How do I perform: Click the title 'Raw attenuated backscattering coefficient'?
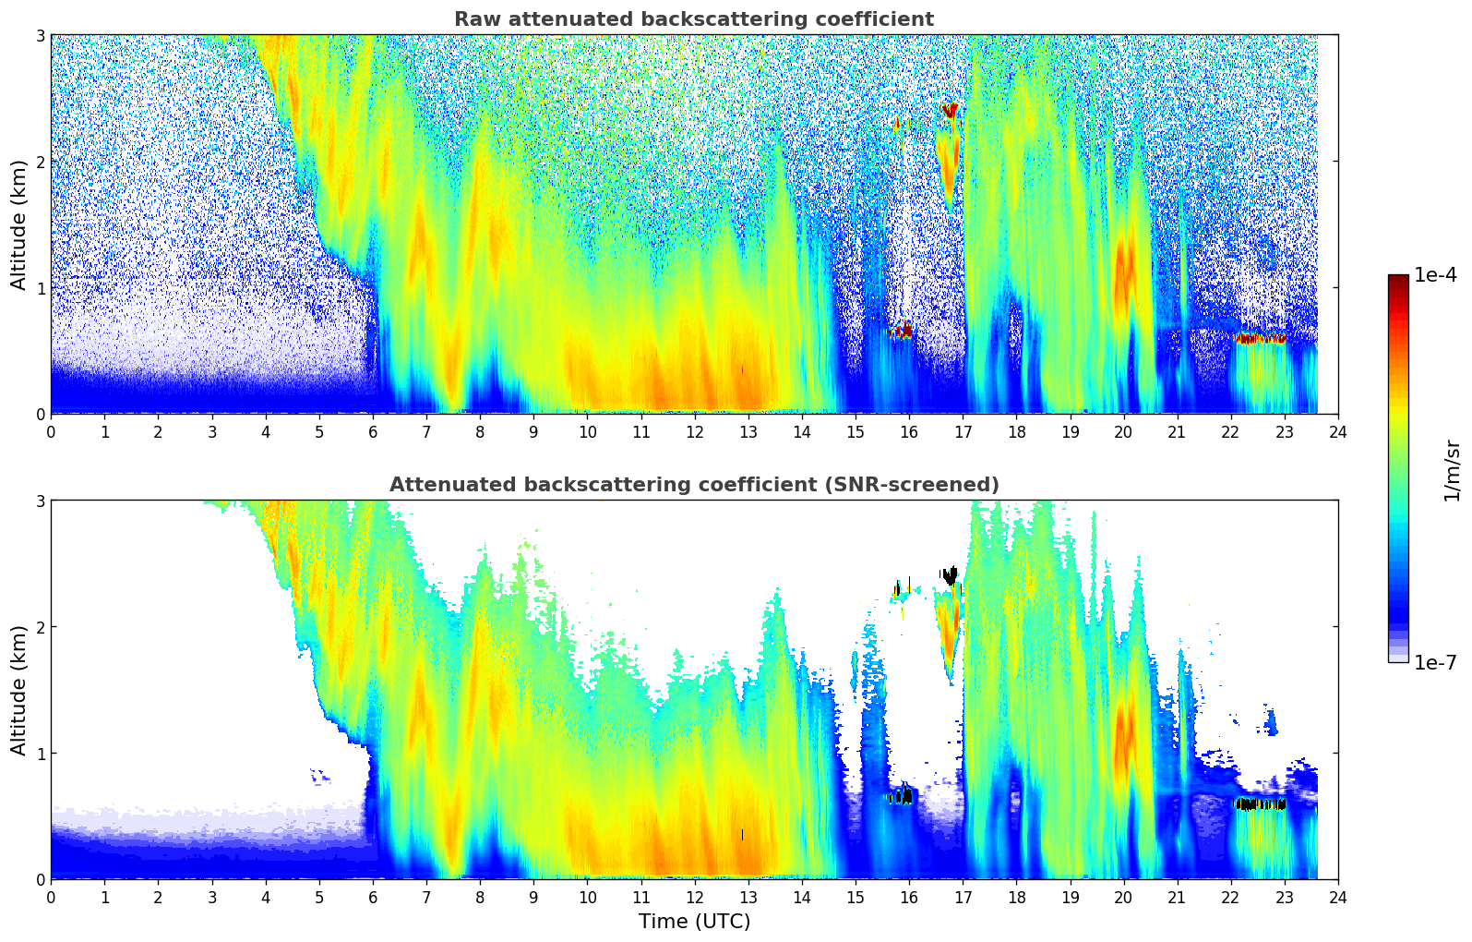point(694,19)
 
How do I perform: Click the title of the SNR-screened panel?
point(694,485)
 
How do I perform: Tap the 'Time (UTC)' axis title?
point(694,922)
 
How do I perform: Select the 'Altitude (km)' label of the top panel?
point(19,224)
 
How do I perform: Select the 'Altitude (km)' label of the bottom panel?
point(19,690)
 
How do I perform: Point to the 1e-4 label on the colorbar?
point(1435,275)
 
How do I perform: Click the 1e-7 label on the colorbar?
point(1435,662)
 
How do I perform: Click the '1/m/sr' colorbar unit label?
point(1452,470)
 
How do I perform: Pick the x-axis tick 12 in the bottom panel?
point(694,897)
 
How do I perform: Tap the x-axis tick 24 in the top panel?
point(1338,431)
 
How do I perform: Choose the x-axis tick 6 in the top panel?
point(373,431)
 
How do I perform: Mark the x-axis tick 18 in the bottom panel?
point(1016,897)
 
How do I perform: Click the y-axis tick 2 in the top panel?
point(41,162)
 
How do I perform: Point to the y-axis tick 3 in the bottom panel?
point(41,501)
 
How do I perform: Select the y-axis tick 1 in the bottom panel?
point(41,754)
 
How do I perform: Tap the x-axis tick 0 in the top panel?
point(51,431)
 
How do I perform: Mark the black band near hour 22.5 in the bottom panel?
point(1261,804)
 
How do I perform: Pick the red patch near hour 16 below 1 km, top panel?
point(902,330)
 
